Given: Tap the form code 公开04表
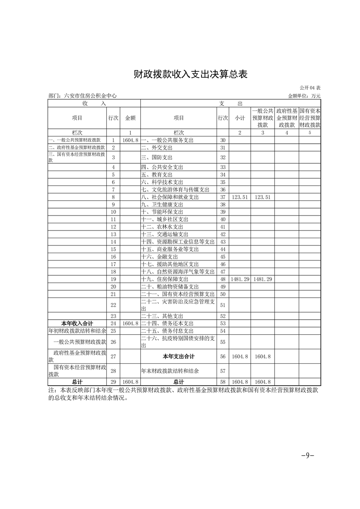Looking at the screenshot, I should pyautogui.click(x=310, y=88).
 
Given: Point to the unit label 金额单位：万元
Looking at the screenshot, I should pyautogui.click(x=304, y=96).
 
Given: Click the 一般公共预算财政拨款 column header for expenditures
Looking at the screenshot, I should pyautogui.click(x=263, y=118).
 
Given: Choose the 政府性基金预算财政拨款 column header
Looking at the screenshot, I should pyautogui.click(x=287, y=118).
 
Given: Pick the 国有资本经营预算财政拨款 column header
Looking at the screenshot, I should pyautogui.click(x=310, y=118).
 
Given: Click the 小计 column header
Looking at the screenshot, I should pyautogui.click(x=240, y=118).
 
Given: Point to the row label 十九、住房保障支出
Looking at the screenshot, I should pyautogui.click(x=164, y=279).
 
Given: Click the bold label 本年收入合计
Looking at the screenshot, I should pyautogui.click(x=77, y=323).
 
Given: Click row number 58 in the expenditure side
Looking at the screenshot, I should pyautogui.click(x=222, y=382).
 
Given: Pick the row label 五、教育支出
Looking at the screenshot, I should pyautogui.click(x=157, y=175).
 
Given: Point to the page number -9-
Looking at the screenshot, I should pyautogui.click(x=308, y=455).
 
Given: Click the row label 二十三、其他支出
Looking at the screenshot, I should pyautogui.click(x=162, y=316).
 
